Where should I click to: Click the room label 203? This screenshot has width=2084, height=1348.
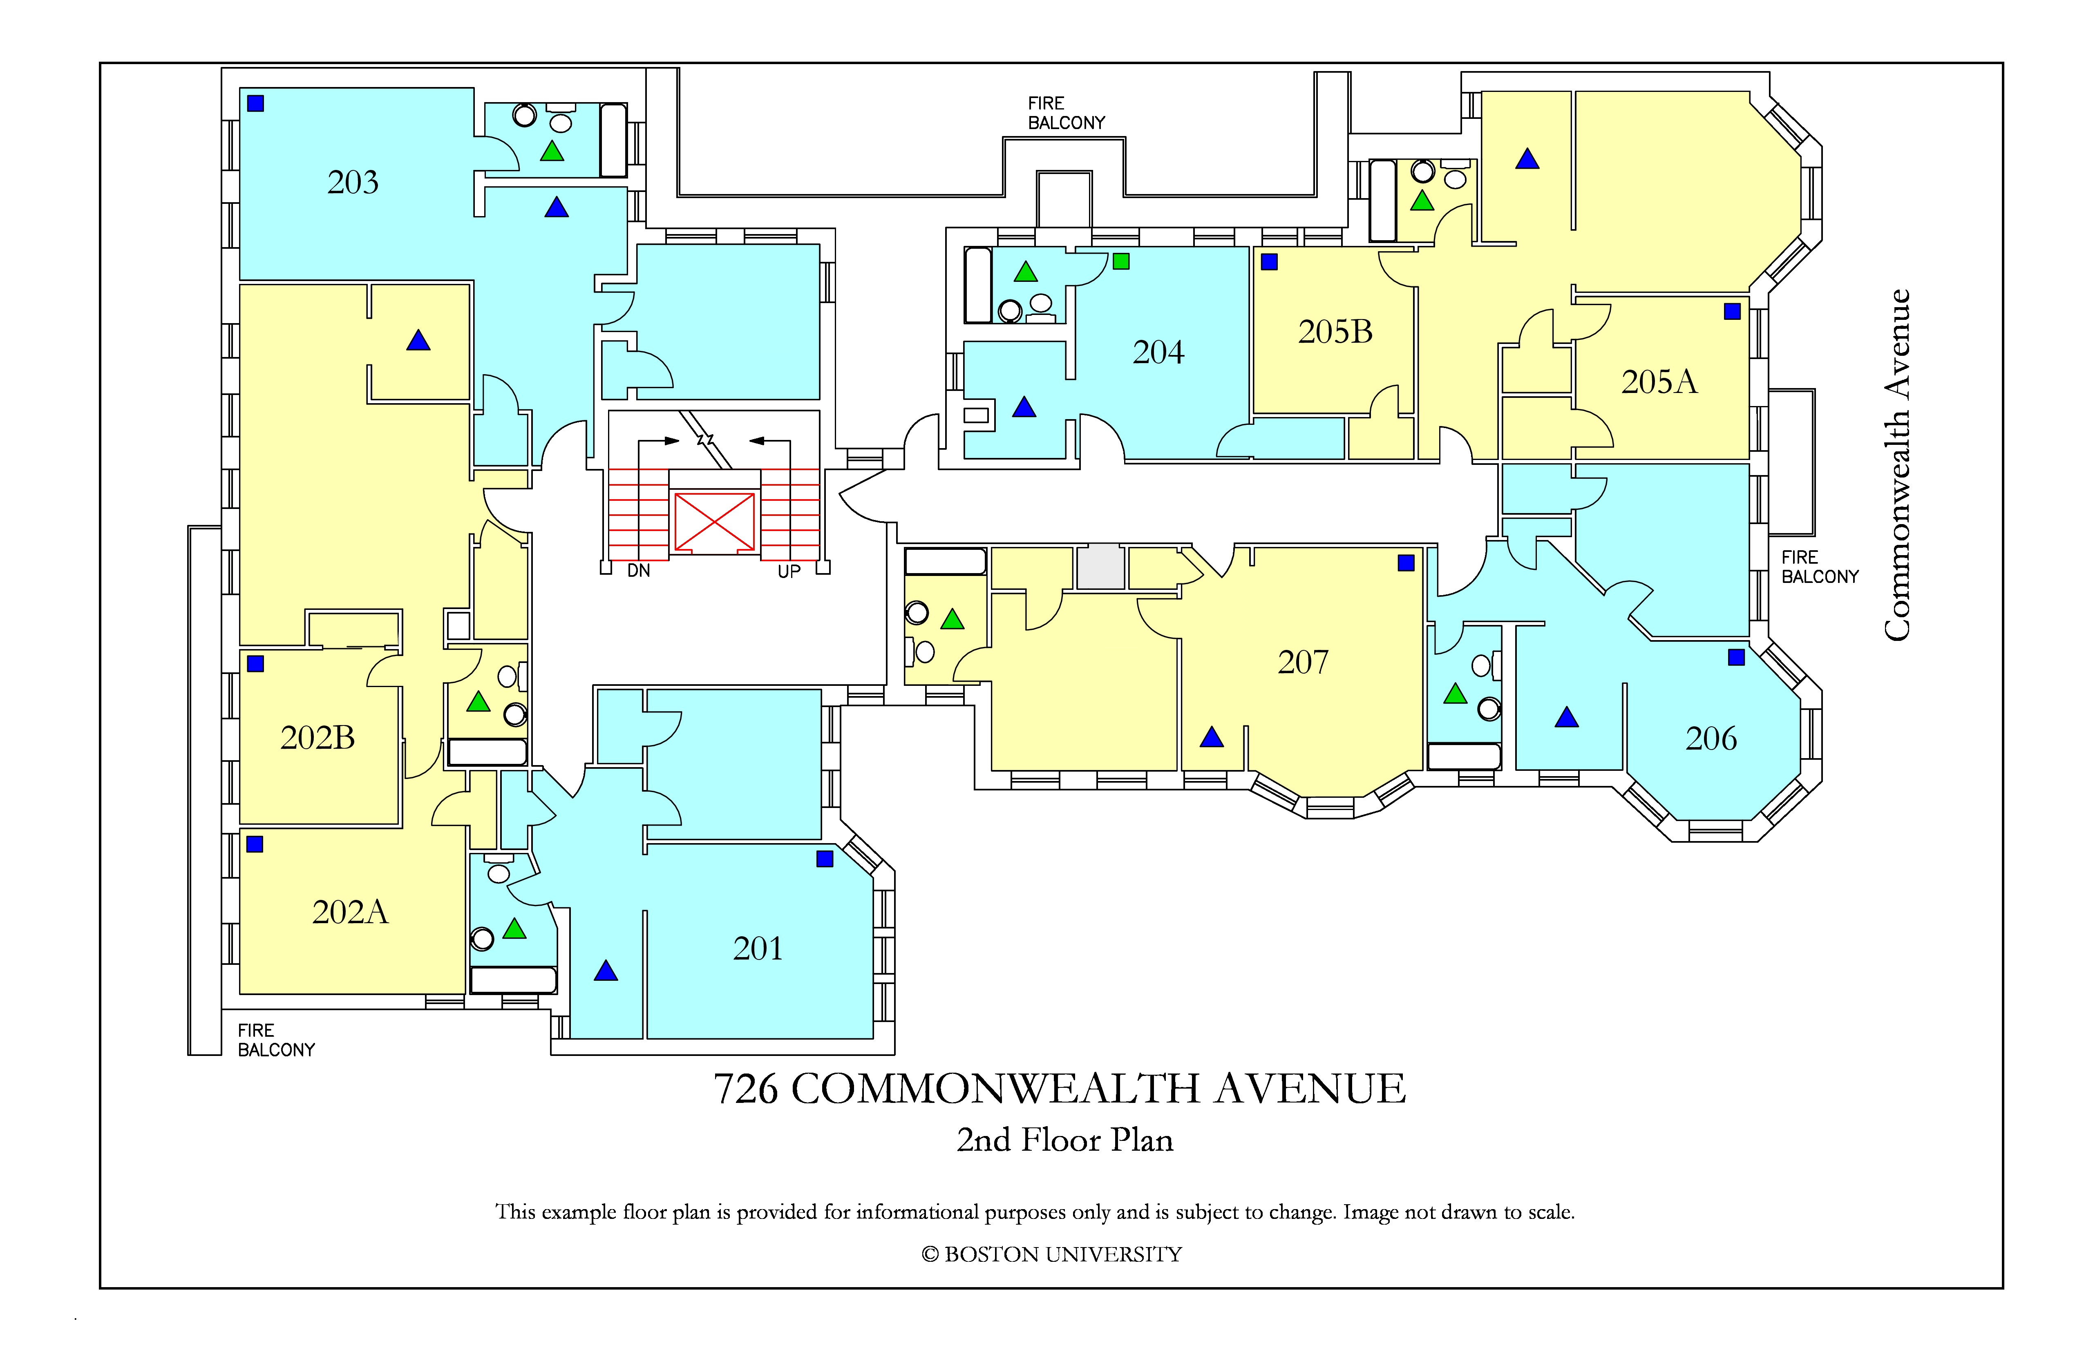tap(353, 182)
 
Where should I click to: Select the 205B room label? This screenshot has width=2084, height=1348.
tap(1335, 332)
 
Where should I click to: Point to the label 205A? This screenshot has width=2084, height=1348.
tap(1659, 382)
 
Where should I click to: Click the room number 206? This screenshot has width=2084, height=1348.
tap(1711, 739)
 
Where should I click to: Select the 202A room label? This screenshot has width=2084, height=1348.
tap(350, 912)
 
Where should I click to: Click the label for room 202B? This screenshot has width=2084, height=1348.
tap(318, 738)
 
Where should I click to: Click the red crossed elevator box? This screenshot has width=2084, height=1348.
tap(715, 522)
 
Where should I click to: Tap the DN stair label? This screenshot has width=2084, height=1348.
tap(638, 571)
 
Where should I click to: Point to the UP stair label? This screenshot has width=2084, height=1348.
tap(789, 571)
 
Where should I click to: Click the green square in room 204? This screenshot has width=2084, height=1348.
tap(1121, 261)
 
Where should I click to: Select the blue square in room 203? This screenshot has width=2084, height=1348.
tap(256, 103)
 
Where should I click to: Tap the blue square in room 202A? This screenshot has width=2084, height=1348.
tap(255, 844)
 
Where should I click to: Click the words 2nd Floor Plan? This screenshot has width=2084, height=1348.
tap(1065, 1140)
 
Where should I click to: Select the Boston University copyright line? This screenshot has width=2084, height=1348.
tap(1052, 1254)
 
